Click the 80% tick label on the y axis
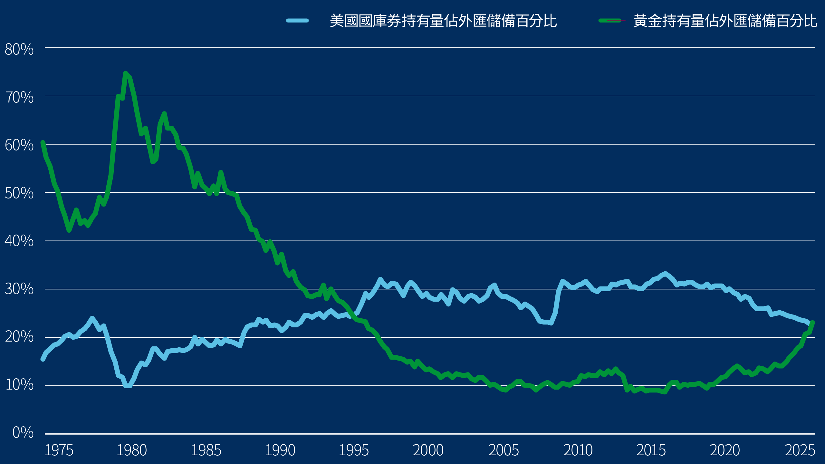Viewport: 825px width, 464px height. tap(19, 49)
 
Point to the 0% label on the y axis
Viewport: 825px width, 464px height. tap(23, 432)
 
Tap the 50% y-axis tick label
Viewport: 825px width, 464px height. tap(19, 193)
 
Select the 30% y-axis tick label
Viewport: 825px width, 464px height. tap(19, 289)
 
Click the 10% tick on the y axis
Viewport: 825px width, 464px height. tap(19, 385)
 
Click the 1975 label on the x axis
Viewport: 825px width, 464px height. tap(59, 450)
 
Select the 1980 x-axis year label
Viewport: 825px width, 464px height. tap(131, 450)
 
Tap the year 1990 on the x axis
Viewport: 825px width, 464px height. tap(280, 450)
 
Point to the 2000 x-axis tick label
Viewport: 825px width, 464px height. tap(428, 450)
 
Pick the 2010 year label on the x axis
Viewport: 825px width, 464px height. tap(578, 450)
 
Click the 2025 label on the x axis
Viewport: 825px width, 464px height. tap(800, 450)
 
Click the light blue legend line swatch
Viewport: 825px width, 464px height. tap(297, 21)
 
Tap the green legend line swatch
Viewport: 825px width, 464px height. tap(610, 21)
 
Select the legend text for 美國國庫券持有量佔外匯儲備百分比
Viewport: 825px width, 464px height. tap(443, 21)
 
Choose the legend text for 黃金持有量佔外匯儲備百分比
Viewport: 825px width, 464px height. tap(725, 21)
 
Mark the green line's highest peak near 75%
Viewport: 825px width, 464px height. tap(126, 73)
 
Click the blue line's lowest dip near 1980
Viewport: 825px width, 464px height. tap(128, 386)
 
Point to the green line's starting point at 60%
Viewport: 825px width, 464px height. tap(43, 143)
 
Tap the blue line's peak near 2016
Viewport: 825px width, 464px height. tap(665, 274)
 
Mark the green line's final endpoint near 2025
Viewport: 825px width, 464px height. tap(812, 323)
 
